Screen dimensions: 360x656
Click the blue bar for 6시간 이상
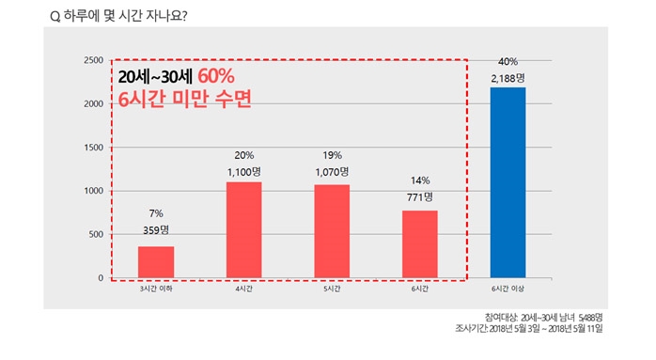tap(508, 182)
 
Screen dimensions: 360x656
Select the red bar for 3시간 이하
tap(156, 262)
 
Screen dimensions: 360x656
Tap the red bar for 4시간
tap(243, 229)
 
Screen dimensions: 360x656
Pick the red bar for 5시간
tap(332, 231)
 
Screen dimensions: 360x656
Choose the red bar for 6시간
tap(419, 244)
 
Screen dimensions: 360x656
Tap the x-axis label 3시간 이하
tap(156, 290)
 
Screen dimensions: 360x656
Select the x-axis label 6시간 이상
tap(508, 290)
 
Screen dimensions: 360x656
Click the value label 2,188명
tap(508, 77)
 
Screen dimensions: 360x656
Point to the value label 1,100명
tap(244, 172)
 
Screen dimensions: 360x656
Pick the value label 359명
tap(156, 229)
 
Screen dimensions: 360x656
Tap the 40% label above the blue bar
tap(508, 61)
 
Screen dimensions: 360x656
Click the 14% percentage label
tap(419, 180)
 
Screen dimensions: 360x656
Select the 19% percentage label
tap(332, 155)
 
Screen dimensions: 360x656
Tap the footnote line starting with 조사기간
tap(542, 330)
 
